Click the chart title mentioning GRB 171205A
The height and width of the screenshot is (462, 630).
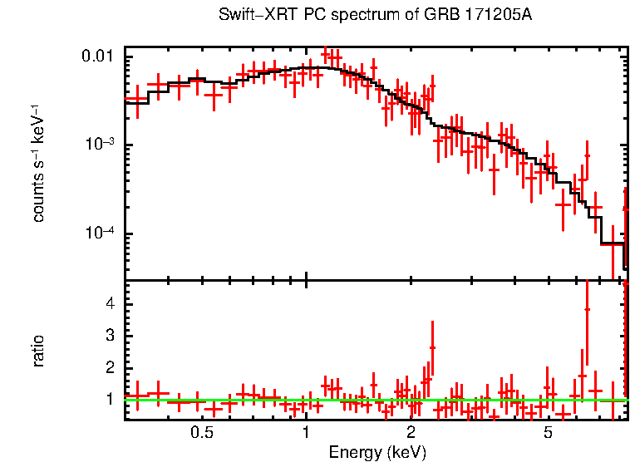[x=374, y=16]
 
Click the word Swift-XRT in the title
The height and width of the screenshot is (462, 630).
[x=250, y=16]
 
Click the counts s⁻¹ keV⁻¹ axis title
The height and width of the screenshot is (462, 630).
[x=38, y=164]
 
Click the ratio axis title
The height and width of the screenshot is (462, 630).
[x=38, y=351]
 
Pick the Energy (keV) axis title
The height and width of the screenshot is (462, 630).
[x=377, y=452]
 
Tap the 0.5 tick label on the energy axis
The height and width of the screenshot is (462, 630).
[x=201, y=433]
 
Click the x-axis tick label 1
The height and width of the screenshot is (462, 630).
[x=306, y=433]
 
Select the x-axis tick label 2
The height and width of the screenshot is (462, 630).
[x=411, y=433]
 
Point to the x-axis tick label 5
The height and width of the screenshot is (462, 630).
[x=549, y=433]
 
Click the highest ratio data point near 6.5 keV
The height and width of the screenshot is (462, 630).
[x=587, y=309]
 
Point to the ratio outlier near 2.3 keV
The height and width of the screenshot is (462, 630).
[x=432, y=347]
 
